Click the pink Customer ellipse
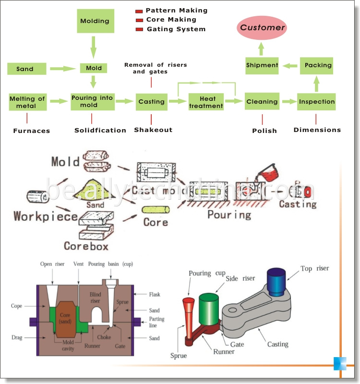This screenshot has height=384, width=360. coord(262,28)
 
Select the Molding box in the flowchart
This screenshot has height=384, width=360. coord(95,21)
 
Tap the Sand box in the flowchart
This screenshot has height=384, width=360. coord(25,69)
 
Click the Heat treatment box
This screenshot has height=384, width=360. coord(206,102)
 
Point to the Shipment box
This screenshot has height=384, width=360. coord(262,65)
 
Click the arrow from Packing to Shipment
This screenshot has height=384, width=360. coord(290,65)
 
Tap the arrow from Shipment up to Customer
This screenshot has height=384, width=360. coord(262,48)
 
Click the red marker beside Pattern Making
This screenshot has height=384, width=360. coord(139,11)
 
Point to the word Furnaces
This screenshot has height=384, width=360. coord(32,131)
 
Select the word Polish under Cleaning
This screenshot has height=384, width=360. coord(264,131)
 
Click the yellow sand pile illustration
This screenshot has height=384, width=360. coord(96,190)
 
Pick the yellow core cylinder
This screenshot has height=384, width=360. coord(156,210)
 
